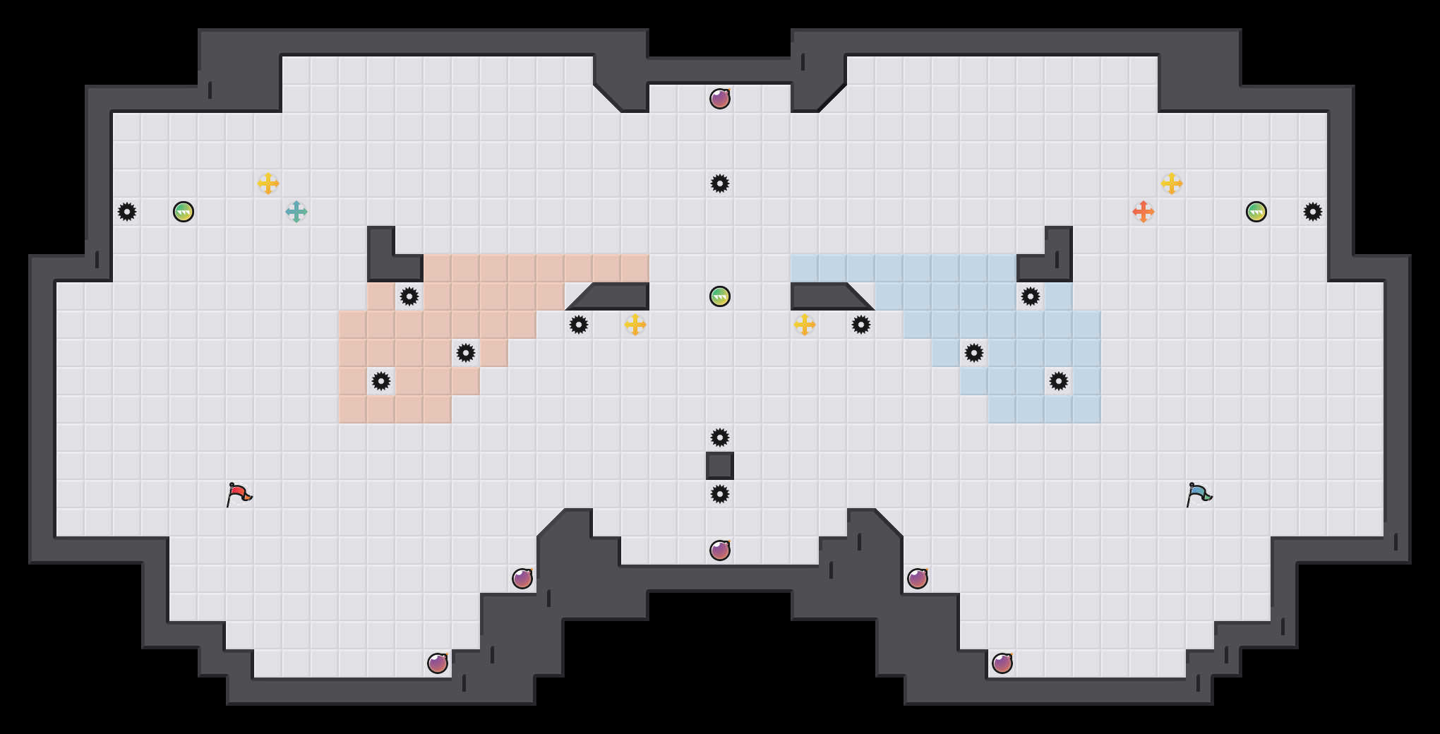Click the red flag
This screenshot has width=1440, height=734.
pyautogui.click(x=239, y=494)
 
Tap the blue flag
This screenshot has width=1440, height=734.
pyautogui.click(x=1199, y=494)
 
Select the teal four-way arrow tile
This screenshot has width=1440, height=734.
pyautogui.click(x=296, y=212)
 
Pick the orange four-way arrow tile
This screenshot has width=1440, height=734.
pyautogui.click(x=1144, y=212)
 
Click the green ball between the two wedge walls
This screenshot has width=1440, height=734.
pyautogui.click(x=720, y=296)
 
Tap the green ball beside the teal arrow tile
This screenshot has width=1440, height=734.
pyautogui.click(x=184, y=212)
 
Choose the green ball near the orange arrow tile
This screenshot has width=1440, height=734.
pyautogui.click(x=1256, y=212)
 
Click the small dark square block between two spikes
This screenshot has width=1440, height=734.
pyautogui.click(x=720, y=466)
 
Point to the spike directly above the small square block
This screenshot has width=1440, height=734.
pyautogui.click(x=720, y=438)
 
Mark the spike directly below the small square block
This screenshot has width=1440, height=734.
pyautogui.click(x=720, y=494)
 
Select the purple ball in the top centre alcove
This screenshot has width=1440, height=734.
pyautogui.click(x=720, y=99)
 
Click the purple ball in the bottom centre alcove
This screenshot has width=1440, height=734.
pyautogui.click(x=720, y=550)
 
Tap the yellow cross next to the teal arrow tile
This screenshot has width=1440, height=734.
pyautogui.click(x=268, y=183)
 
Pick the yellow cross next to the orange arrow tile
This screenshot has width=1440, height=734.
pyautogui.click(x=1172, y=183)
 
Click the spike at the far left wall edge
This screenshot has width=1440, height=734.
pyautogui.click(x=127, y=212)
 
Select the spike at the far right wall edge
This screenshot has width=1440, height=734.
pyautogui.click(x=1313, y=212)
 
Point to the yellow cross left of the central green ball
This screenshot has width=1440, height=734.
pyautogui.click(x=635, y=325)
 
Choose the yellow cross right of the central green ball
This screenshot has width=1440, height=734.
pyautogui.click(x=805, y=325)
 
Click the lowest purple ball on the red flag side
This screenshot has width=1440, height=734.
pyautogui.click(x=438, y=663)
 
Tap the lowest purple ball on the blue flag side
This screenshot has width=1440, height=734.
pyautogui.click(x=1002, y=663)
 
